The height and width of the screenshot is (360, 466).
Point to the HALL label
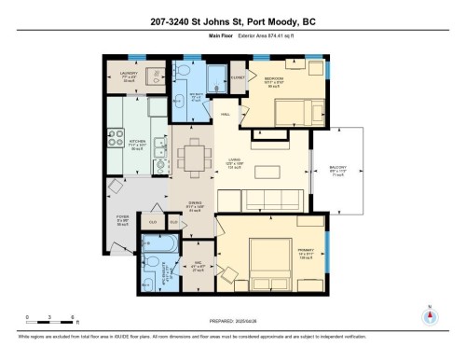point(226,115)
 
